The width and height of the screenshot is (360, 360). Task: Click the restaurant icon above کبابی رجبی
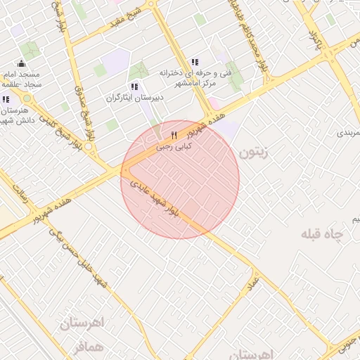click(x=174, y=136)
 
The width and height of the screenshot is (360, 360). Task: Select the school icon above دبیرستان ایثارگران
click(x=134, y=86)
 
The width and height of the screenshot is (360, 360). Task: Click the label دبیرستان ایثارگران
click(x=134, y=98)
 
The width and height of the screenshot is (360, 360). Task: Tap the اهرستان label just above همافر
click(x=82, y=324)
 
